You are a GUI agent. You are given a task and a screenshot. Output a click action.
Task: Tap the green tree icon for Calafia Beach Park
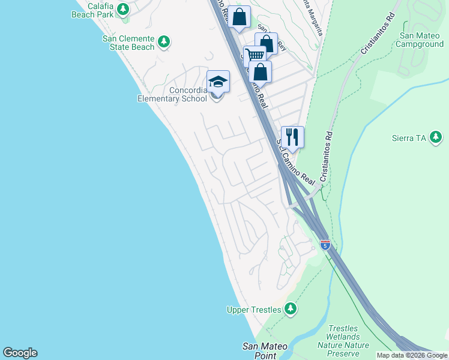pos(123,9)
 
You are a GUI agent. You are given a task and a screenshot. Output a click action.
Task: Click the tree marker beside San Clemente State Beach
pos(164,43)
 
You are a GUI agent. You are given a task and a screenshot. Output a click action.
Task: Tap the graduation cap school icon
pos(218,82)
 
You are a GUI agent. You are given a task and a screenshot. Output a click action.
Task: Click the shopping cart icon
pos(255,55)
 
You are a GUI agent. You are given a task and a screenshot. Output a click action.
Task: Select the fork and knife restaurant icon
pos(292,136)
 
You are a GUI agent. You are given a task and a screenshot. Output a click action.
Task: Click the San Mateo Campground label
pos(421,40)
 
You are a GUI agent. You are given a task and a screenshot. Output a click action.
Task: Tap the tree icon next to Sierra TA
pos(436,138)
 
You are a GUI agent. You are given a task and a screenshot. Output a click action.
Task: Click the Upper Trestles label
pos(254,310)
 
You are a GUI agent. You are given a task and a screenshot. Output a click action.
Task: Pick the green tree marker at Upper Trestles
pos(291,309)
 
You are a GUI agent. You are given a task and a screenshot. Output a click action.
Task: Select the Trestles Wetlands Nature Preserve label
pos(343,337)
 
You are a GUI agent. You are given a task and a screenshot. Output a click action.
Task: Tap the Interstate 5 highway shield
pos(325,245)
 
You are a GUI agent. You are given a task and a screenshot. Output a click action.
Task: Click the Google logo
pos(20,353)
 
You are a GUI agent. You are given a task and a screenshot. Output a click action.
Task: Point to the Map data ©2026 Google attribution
pos(412,355)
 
